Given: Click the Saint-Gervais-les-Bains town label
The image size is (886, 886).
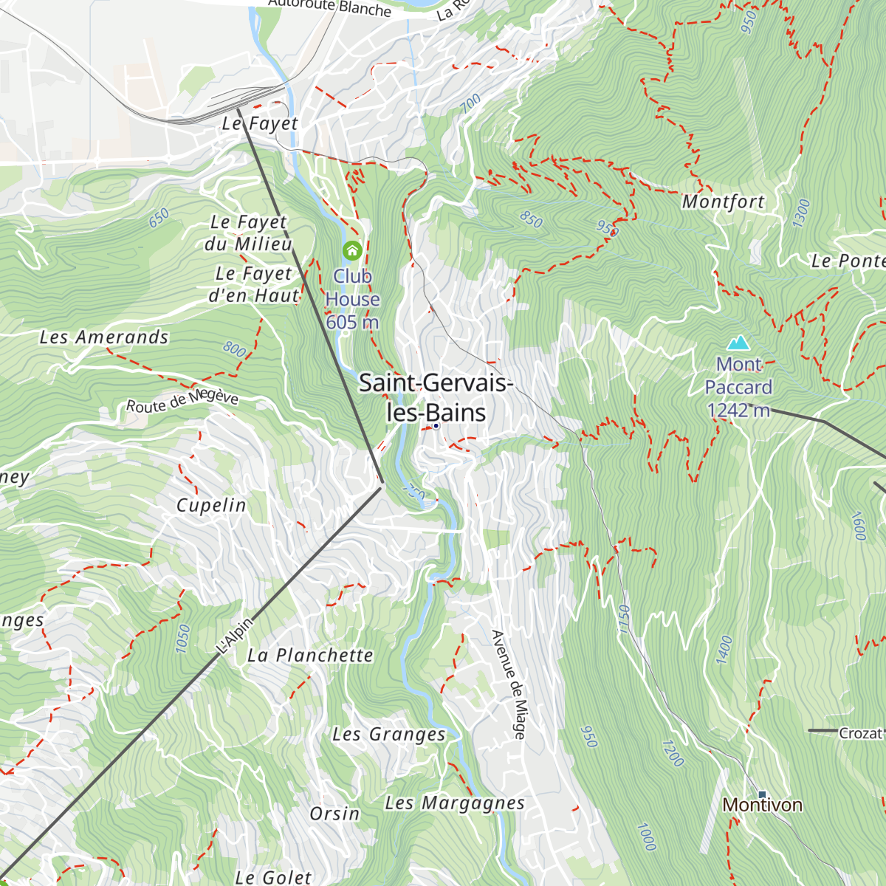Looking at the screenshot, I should [x=436, y=398].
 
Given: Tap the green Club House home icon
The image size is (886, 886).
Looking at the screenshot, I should [x=352, y=251].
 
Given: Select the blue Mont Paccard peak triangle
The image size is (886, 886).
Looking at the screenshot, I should [x=738, y=343].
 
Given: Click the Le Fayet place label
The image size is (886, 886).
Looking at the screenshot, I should [x=261, y=124].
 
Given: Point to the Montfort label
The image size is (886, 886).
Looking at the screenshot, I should [x=723, y=202].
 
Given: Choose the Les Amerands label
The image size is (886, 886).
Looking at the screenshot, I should [x=104, y=337].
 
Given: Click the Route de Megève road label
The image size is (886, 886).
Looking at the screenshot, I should [x=182, y=401].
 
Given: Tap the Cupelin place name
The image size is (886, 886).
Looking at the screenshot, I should [x=211, y=506].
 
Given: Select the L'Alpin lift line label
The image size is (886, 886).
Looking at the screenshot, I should [x=235, y=636].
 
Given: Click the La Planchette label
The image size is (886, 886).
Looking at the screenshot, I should [x=310, y=656].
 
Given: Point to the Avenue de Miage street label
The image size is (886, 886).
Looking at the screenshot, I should [x=509, y=684].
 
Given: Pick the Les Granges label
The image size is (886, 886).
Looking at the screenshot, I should [x=389, y=735].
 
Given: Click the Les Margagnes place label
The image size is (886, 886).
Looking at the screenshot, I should [x=455, y=803].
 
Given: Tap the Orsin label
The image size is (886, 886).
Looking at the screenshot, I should [x=334, y=814].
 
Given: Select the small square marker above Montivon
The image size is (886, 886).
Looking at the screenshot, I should [x=762, y=794].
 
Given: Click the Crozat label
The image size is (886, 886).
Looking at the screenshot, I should [x=861, y=733].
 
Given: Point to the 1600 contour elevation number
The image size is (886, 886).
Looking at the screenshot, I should [x=859, y=526].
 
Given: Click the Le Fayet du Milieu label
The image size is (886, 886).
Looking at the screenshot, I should [x=248, y=233].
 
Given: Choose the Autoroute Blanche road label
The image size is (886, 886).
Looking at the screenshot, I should [x=329, y=7].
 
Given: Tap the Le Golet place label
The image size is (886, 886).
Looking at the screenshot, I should [x=273, y=877].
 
